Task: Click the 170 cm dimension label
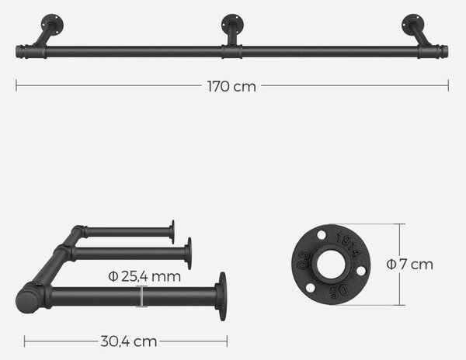click(231, 86)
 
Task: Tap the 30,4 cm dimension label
click(129, 341)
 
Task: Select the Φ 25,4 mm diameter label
click(144, 277)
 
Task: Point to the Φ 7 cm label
click(410, 264)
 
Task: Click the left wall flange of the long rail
click(53, 23)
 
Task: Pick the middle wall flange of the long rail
click(232, 24)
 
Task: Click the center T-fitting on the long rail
click(231, 52)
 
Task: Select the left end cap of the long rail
click(21, 52)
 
